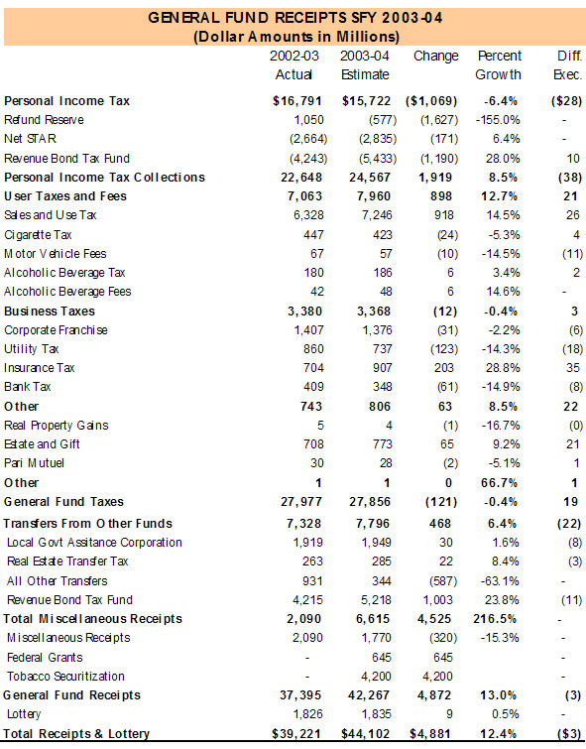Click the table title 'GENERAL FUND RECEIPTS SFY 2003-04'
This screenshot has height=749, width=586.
tap(295, 18)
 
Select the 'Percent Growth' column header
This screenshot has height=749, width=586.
tap(499, 64)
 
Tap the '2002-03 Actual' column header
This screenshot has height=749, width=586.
tap(293, 64)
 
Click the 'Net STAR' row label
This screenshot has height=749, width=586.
tap(30, 139)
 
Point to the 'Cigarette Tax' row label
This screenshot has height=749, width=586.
tap(38, 235)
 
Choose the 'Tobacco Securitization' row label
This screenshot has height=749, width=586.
tap(65, 677)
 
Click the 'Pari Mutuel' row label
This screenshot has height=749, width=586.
tap(34, 463)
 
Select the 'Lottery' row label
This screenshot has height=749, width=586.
tap(24, 714)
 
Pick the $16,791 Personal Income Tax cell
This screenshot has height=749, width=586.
tap(297, 101)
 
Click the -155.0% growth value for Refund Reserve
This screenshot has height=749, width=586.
tap(498, 120)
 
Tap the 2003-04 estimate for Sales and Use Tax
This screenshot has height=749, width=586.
tap(377, 215)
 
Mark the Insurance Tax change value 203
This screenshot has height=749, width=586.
tap(443, 368)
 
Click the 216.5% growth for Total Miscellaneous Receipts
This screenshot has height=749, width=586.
tap(495, 619)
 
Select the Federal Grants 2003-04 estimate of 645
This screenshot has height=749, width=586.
tap(381, 658)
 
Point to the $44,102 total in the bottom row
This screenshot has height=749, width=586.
tap(365, 734)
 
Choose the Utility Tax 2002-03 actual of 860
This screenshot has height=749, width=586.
tap(313, 349)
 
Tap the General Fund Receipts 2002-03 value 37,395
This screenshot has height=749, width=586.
tap(300, 695)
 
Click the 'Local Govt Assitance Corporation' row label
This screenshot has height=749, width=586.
tap(94, 543)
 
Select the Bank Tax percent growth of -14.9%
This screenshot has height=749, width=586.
tap(501, 387)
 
